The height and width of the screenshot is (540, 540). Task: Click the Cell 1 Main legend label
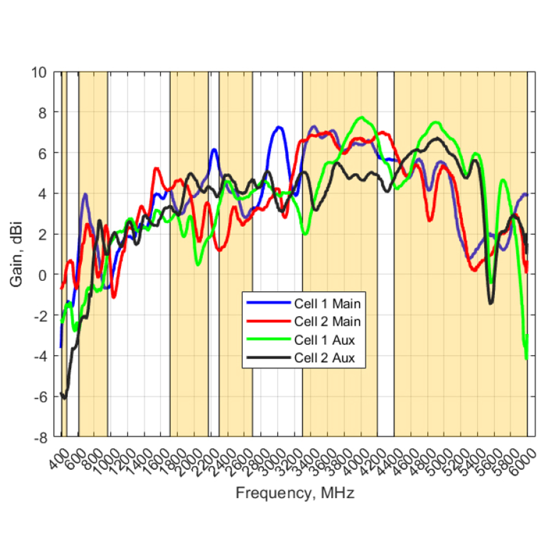click(x=327, y=303)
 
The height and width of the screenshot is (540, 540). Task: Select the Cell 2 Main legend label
click(x=327, y=322)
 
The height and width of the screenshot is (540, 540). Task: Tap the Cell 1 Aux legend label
click(x=324, y=340)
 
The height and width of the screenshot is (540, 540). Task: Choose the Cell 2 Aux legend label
click(x=324, y=358)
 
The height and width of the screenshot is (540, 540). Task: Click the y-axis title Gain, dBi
click(x=16, y=254)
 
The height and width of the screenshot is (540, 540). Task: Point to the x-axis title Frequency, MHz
click(x=295, y=492)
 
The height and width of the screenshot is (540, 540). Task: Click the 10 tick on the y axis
click(x=39, y=73)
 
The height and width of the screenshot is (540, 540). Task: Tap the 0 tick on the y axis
click(x=43, y=275)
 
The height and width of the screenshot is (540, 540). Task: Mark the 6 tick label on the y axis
click(x=43, y=154)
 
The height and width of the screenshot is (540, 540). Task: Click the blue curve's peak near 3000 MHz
click(x=278, y=127)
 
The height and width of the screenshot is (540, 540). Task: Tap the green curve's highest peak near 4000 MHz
click(x=362, y=117)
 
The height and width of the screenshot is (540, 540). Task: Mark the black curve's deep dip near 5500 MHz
click(x=490, y=303)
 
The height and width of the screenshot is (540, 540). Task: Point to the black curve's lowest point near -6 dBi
click(x=64, y=398)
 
